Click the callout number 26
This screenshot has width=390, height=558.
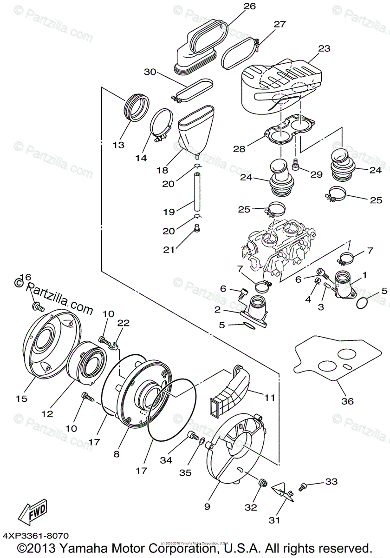250,7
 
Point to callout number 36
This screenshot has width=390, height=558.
347,401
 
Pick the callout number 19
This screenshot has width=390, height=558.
169,212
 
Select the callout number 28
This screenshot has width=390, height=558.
239,149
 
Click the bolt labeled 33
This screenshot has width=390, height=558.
304,486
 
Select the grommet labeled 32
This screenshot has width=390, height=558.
262,484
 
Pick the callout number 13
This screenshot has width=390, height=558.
118,145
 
